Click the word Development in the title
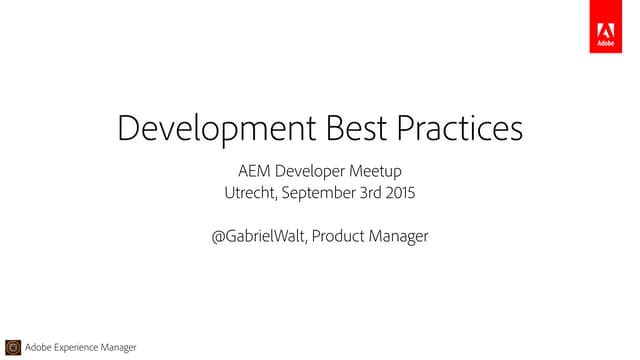click(214, 130)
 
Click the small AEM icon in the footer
click(13, 347)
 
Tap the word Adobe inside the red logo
click(605, 44)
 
